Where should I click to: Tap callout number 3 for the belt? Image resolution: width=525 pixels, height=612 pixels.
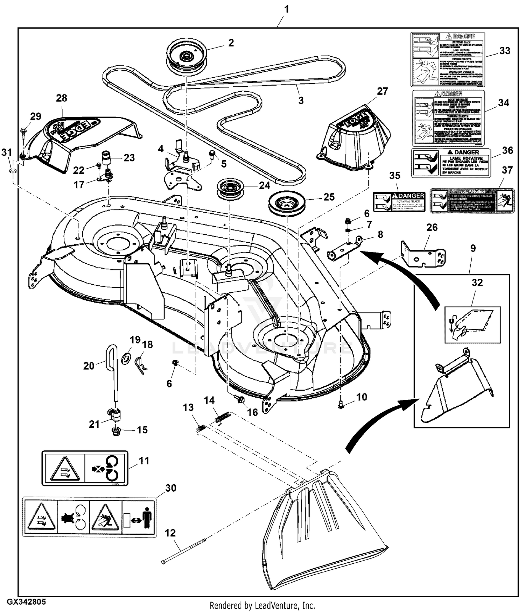coord(301,100)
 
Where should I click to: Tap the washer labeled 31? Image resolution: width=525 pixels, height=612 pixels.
coord(13,171)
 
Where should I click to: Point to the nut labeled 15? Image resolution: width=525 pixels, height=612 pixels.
coord(116,431)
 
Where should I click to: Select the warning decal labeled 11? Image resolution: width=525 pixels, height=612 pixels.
coord(85,468)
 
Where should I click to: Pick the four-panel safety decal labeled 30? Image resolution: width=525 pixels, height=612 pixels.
coord(90,517)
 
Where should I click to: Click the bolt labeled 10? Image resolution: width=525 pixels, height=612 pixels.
coord(342,405)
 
